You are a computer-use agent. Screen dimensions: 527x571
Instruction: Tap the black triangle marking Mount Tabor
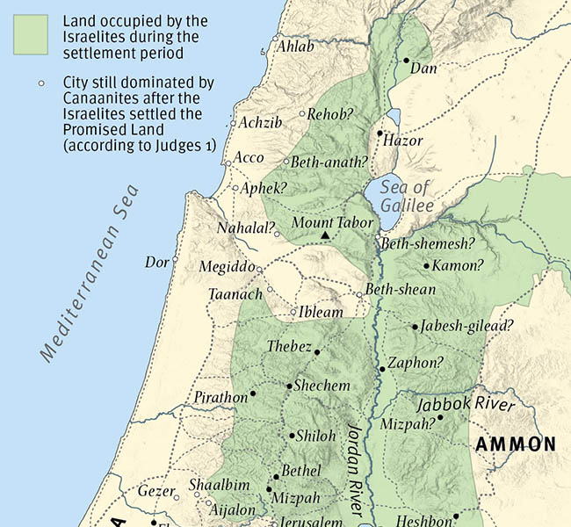[325, 235]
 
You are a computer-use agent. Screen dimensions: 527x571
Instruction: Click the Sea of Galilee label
[406, 196]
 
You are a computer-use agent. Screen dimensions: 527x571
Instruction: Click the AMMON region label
[516, 444]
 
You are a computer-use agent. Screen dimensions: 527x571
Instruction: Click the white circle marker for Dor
[175, 260]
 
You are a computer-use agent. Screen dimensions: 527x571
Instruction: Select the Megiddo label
[227, 267]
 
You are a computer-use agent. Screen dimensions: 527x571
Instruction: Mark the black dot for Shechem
[289, 386]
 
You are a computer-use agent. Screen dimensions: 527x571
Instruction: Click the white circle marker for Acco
[228, 163]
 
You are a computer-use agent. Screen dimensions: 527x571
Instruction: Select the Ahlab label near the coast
[296, 47]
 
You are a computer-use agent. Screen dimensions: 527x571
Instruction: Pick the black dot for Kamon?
[426, 265]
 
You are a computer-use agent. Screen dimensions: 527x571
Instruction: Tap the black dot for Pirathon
[253, 393]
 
